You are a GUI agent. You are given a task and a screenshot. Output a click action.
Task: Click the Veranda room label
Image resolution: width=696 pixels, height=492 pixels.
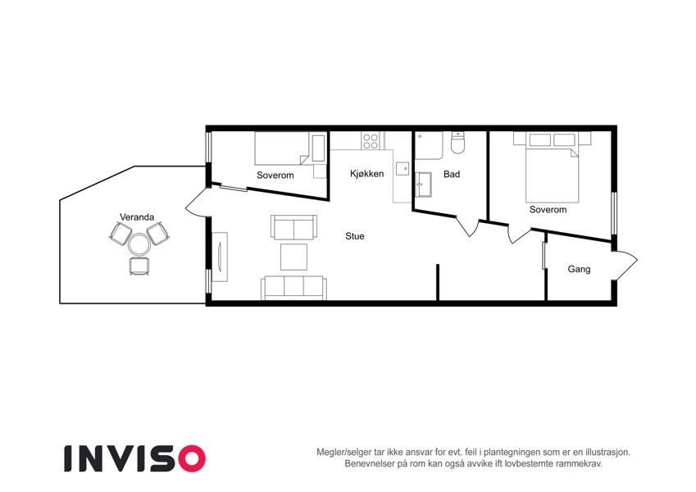tap(137, 217)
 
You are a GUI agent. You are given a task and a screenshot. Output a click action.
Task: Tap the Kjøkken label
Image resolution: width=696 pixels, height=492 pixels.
tap(366, 174)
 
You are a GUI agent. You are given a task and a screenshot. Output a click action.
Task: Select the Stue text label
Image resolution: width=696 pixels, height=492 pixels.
tap(355, 236)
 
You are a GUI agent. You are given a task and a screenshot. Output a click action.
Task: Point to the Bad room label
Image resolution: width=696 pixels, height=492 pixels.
tap(452, 174)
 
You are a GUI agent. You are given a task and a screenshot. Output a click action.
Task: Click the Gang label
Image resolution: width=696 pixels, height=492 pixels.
tap(579, 269)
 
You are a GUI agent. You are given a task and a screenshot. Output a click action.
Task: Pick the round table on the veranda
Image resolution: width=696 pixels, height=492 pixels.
tap(139, 244)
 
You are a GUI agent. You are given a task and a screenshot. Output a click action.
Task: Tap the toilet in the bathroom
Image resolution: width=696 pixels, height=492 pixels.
tap(457, 143)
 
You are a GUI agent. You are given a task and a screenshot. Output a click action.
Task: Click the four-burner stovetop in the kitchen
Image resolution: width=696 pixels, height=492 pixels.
tap(371, 141)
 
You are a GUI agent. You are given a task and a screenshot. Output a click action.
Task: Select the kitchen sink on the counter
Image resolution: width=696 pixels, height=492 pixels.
tap(403, 169)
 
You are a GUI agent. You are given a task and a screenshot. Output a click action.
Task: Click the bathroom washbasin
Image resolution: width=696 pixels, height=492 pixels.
tap(424, 184)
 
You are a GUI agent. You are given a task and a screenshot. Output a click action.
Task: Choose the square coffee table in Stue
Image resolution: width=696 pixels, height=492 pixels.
tap(293, 257)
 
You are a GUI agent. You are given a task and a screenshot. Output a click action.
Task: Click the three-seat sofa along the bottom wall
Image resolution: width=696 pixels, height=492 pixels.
tap(293, 288)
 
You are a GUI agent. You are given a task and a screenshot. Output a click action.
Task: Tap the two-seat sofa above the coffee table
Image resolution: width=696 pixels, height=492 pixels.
tap(293, 227)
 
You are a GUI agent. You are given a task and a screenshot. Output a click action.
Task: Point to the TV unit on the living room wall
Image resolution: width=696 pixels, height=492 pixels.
tap(220, 257)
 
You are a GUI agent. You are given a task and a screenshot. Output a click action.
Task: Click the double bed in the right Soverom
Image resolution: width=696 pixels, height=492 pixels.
tap(553, 175)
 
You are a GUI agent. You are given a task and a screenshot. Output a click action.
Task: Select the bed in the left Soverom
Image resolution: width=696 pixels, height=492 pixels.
tap(283, 148)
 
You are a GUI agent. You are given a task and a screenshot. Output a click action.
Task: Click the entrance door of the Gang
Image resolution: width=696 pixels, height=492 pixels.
tap(625, 266)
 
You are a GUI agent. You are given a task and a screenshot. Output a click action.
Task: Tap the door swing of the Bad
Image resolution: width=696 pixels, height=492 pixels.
tap(467, 226)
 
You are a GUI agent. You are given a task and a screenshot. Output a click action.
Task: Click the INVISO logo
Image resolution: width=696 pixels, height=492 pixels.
tap(134, 458)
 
